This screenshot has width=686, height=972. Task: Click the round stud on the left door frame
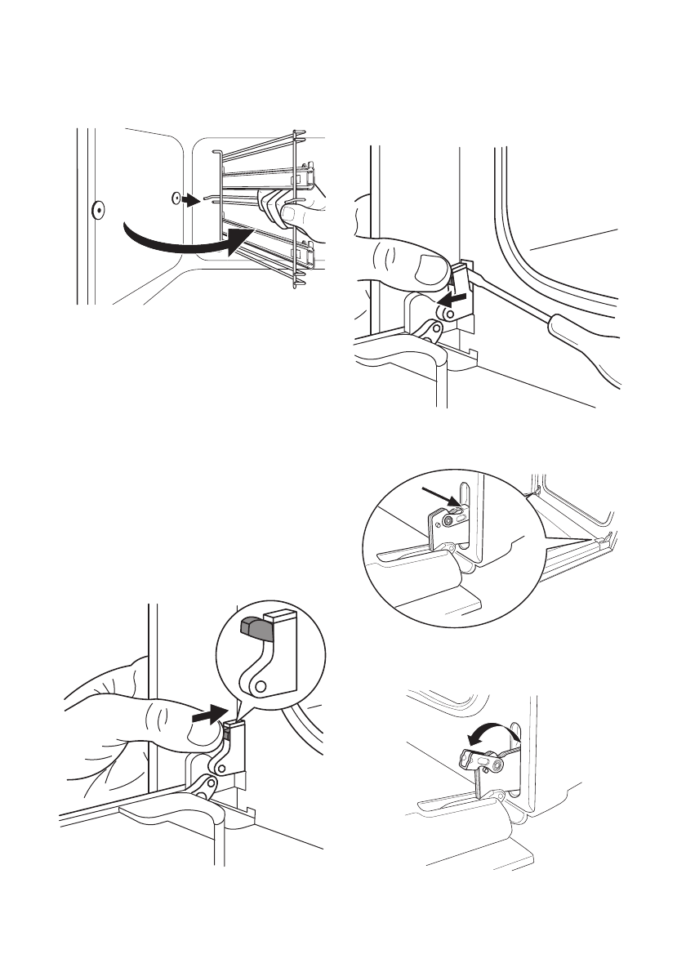click(96, 209)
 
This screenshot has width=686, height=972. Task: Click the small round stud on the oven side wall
click(176, 198)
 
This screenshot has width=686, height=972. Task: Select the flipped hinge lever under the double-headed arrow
click(483, 762)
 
